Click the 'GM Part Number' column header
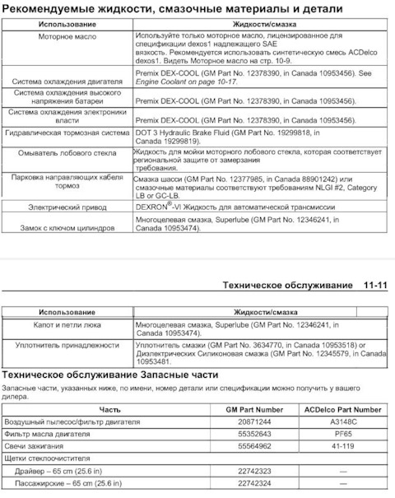coord(254,409)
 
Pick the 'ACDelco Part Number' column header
coord(342,409)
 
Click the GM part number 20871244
coord(254,421)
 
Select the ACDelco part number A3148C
coord(342,421)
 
